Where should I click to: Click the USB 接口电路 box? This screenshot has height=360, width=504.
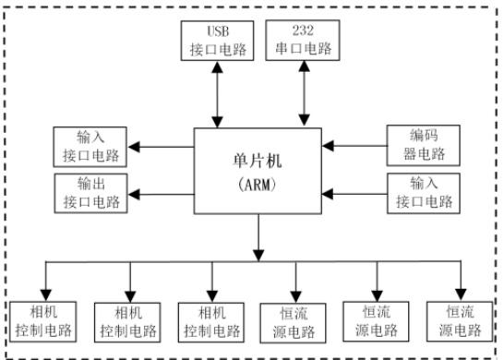[x=217, y=41]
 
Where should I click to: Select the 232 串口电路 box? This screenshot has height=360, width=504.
[x=303, y=41]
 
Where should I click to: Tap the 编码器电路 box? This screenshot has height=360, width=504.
[x=424, y=146]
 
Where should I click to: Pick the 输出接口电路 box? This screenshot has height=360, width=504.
[x=91, y=194]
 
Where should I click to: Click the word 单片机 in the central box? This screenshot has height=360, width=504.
[x=258, y=161]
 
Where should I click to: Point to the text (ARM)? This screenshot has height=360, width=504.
[x=258, y=185]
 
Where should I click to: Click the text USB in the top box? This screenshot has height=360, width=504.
[x=218, y=31]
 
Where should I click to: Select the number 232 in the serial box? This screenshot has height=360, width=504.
[x=303, y=30]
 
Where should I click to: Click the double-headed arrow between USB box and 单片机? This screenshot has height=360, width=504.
[x=218, y=94]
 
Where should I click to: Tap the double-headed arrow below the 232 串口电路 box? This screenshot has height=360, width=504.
[x=304, y=93]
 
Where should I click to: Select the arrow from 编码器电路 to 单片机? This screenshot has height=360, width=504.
[x=354, y=146]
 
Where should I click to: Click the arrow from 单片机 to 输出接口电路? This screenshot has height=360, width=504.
[x=161, y=194]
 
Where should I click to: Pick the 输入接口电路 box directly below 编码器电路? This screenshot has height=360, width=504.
[x=424, y=194]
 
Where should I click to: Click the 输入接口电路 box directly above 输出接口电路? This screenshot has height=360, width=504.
[x=90, y=147]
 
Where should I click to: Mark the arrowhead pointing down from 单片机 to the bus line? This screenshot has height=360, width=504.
[x=258, y=255]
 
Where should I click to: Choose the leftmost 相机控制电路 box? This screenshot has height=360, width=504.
[x=43, y=321]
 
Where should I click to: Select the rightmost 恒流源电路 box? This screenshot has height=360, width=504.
[x=460, y=321]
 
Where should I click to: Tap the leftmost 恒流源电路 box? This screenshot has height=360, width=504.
[x=293, y=323]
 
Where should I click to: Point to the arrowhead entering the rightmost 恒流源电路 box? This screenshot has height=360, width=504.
[x=461, y=294]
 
